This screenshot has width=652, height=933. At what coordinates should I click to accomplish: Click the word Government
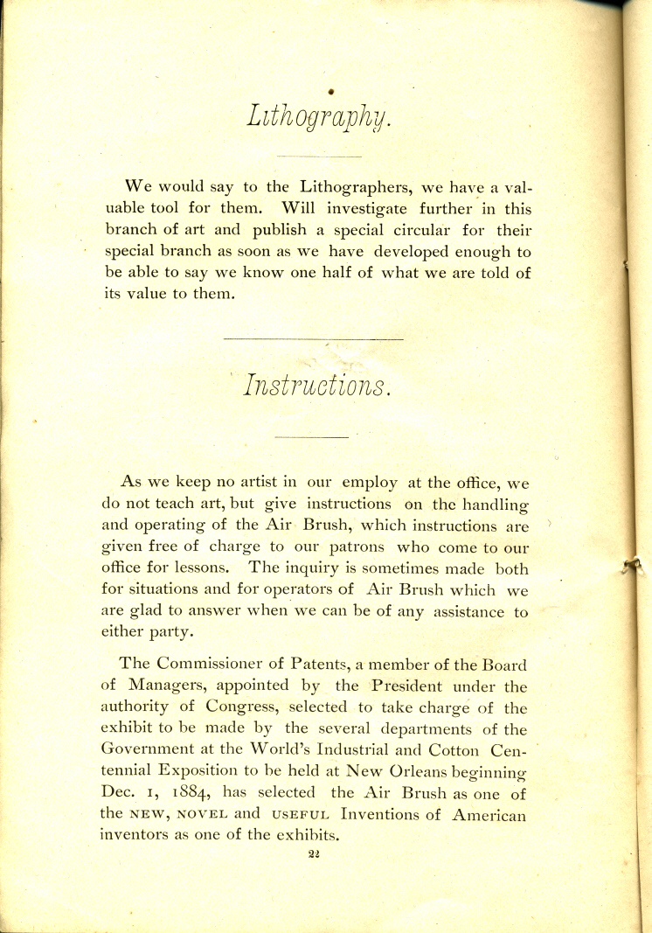[x=152, y=750]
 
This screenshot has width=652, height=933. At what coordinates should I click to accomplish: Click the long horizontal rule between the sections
[x=314, y=338]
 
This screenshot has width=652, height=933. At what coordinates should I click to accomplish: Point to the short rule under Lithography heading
[x=318, y=157]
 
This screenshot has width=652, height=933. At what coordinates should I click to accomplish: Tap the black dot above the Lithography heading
[x=331, y=90]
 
